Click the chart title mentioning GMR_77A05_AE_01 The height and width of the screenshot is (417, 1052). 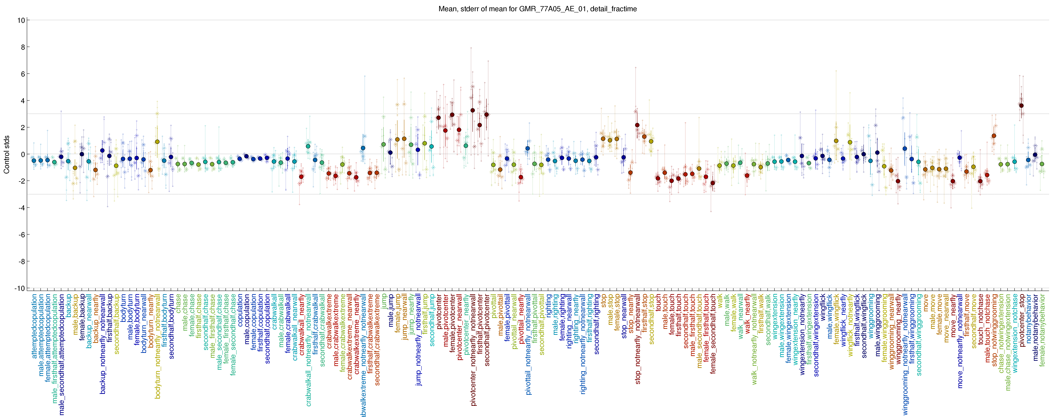click(537, 9)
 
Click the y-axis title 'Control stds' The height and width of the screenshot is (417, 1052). click(6, 155)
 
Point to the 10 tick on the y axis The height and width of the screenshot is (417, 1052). click(20, 20)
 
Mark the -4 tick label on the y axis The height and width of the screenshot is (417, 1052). click(20, 208)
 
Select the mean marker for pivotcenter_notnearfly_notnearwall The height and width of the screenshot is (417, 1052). click(472, 110)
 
